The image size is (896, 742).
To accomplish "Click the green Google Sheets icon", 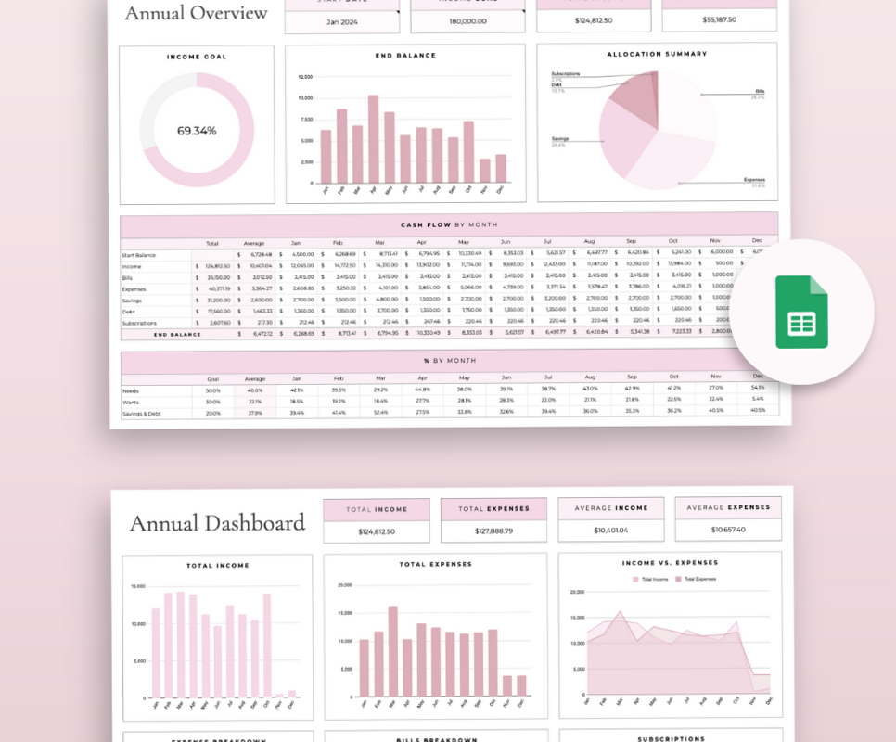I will [x=801, y=311].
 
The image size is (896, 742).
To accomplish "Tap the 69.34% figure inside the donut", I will [x=197, y=131].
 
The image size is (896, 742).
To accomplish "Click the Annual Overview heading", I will [x=196, y=13].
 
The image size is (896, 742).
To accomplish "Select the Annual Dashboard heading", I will [x=217, y=523].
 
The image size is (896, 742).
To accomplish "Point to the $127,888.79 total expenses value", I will [x=487, y=531].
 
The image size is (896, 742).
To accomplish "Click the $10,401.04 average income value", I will [x=610, y=530].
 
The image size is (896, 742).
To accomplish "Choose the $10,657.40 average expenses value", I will [x=727, y=530].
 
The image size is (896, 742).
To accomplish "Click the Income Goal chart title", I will [x=197, y=57].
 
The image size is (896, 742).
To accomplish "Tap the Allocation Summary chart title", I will [x=657, y=54].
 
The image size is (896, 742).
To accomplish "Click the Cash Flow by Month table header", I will [x=449, y=224].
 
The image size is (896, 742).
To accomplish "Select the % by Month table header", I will [x=449, y=360].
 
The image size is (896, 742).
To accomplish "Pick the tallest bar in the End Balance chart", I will [x=373, y=139].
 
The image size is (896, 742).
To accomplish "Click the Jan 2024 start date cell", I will [x=341, y=20].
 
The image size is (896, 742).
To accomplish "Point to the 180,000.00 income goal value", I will [x=467, y=20].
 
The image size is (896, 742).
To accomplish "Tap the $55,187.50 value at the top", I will [x=720, y=19].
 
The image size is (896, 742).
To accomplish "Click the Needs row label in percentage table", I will [x=130, y=390].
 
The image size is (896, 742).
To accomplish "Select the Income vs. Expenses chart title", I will [x=670, y=563].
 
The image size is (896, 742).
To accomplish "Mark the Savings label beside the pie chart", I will [x=559, y=139].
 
